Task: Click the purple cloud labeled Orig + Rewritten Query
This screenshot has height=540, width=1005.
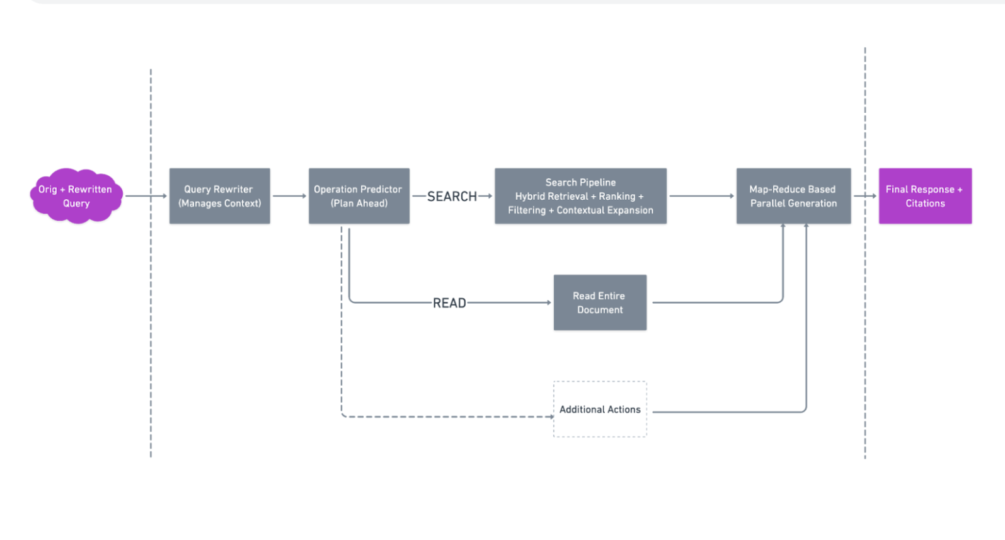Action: click(76, 196)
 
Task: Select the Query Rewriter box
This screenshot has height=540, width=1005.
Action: click(219, 196)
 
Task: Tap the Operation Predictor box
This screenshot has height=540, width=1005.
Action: click(359, 196)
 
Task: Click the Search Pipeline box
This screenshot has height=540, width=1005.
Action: click(580, 196)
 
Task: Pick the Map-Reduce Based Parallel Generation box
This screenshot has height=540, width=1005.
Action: click(793, 196)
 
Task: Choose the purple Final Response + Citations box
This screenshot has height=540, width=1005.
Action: click(925, 196)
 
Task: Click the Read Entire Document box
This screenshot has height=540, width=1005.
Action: click(600, 302)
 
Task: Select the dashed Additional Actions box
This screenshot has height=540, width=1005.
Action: click(600, 409)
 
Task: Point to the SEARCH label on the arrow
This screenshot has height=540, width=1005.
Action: click(452, 197)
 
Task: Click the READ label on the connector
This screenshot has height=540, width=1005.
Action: click(449, 303)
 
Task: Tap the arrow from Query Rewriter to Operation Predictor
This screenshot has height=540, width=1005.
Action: click(289, 196)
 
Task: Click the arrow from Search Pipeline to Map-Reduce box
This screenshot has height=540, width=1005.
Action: click(701, 196)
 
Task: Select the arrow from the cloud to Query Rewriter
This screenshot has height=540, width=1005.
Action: click(146, 196)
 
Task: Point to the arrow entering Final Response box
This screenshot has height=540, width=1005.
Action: click(865, 196)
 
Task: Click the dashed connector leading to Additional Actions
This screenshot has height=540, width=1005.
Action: click(441, 416)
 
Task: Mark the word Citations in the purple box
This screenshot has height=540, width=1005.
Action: click(925, 204)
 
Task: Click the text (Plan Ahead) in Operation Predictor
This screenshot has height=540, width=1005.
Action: click(359, 204)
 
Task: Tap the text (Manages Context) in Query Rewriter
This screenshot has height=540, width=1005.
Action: click(219, 204)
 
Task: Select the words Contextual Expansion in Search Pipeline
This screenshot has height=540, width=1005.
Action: click(605, 210)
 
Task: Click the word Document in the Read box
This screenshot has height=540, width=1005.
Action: click(600, 310)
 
